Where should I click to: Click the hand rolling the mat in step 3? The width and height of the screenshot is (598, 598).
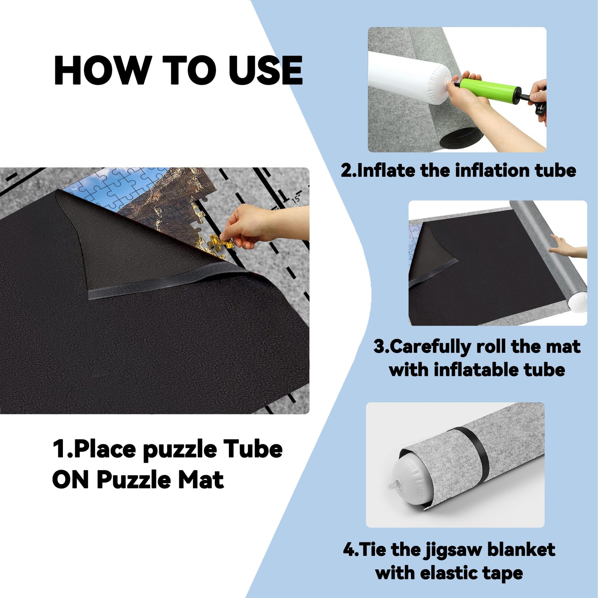coord(567,249)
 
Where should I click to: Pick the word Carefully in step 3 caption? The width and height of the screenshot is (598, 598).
coord(430,347)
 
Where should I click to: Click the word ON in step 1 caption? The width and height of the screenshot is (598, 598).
coord(70,480)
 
